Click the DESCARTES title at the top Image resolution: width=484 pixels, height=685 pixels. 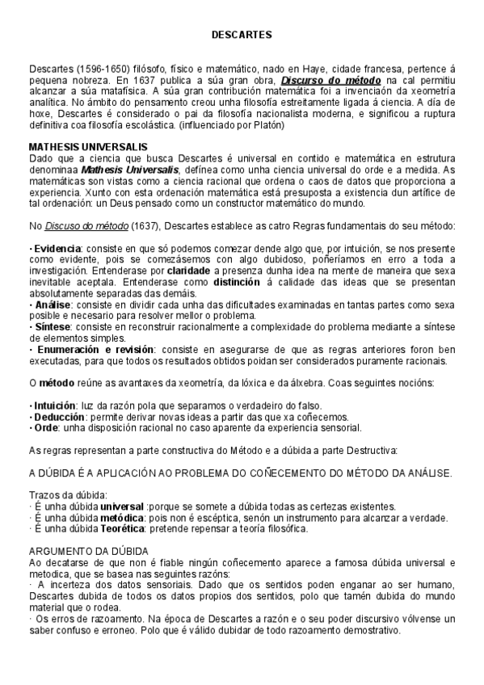(242, 36)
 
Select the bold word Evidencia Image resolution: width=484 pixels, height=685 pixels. (57, 247)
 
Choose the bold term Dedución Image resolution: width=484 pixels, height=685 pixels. (57, 416)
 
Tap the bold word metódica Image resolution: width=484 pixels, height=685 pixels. (123, 517)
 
